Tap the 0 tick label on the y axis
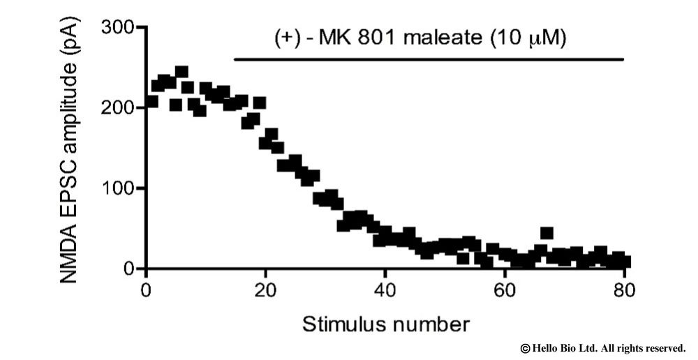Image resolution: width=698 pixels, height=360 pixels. pyautogui.click(x=130, y=269)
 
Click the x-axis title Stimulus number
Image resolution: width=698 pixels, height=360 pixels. pyautogui.click(x=385, y=324)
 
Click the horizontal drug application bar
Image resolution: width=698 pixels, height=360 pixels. pyautogui.click(x=428, y=59)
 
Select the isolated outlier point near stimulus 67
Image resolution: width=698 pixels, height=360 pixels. pyautogui.click(x=547, y=233)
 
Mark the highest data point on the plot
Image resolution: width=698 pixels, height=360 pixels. pyautogui.click(x=181, y=72)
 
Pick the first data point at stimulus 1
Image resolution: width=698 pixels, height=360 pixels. pyautogui.click(x=151, y=102)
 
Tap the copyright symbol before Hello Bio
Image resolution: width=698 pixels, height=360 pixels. pyautogui.click(x=525, y=347)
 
